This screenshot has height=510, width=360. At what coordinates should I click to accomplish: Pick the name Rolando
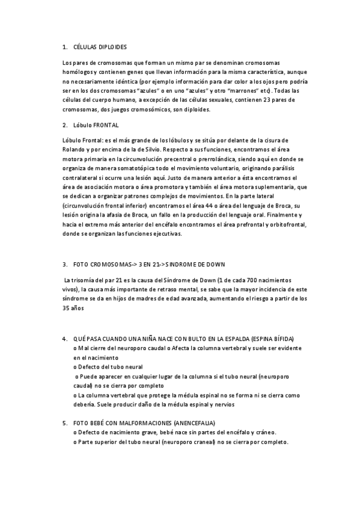click(74, 149)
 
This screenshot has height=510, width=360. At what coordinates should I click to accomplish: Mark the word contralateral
click(82, 178)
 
